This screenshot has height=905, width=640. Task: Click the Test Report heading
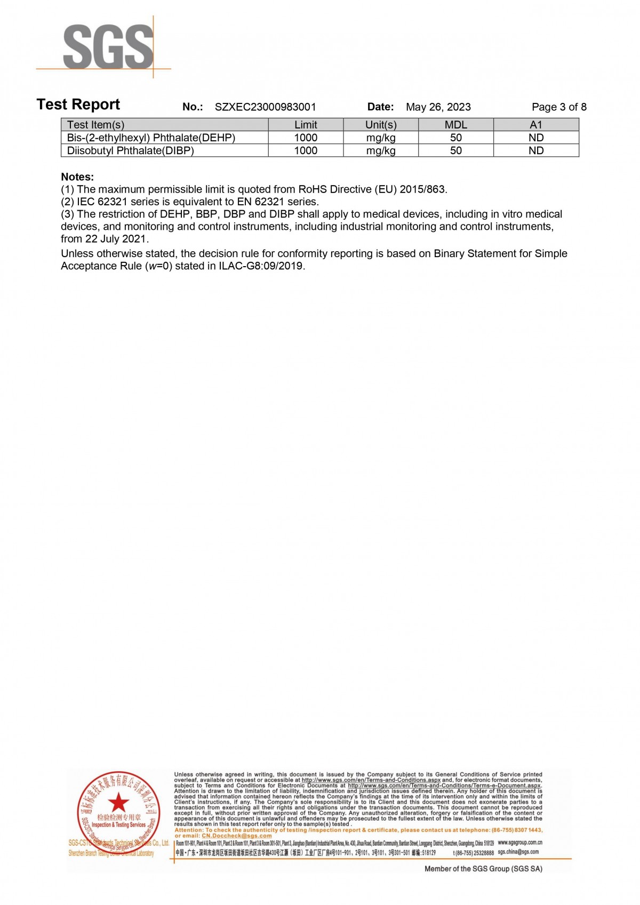(78, 105)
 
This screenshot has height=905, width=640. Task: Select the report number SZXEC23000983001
(265, 107)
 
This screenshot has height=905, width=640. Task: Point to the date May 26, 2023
(438, 107)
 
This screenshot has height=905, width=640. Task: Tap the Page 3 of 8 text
(558, 107)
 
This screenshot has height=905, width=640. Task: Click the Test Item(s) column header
(95, 125)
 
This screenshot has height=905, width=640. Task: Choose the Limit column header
(306, 125)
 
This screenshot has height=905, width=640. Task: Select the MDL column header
(455, 125)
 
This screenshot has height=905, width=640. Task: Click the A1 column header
(535, 125)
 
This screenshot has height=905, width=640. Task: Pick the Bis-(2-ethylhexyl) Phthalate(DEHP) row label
(151, 138)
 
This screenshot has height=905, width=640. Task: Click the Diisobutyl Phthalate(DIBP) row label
(130, 150)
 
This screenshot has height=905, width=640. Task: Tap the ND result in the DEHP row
(535, 138)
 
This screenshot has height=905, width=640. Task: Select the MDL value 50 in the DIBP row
(455, 150)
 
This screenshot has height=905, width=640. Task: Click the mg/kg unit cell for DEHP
(380, 138)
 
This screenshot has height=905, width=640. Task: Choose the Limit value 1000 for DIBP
(306, 150)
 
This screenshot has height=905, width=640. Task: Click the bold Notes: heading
(77, 177)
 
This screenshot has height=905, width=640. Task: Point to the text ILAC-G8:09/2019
(261, 266)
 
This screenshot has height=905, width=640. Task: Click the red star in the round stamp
(118, 802)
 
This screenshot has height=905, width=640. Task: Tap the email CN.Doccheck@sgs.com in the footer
(236, 836)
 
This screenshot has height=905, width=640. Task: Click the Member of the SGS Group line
(483, 869)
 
